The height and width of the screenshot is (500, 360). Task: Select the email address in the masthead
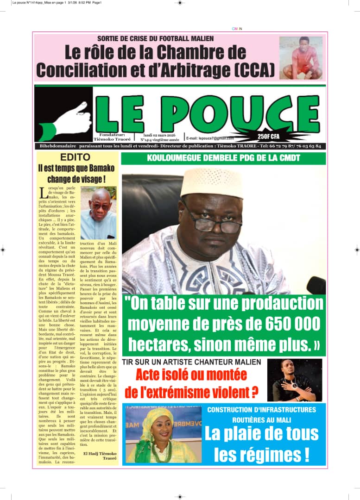coord(210,138)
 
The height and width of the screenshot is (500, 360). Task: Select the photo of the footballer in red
coord(301,58)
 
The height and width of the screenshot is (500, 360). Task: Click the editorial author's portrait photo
coord(98,212)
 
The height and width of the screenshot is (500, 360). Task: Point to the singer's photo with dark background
coord(295,380)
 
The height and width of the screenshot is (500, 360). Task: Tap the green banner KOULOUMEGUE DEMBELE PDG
coord(223,158)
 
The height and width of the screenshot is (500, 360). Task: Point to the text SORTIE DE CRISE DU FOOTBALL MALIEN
coord(156,38)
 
